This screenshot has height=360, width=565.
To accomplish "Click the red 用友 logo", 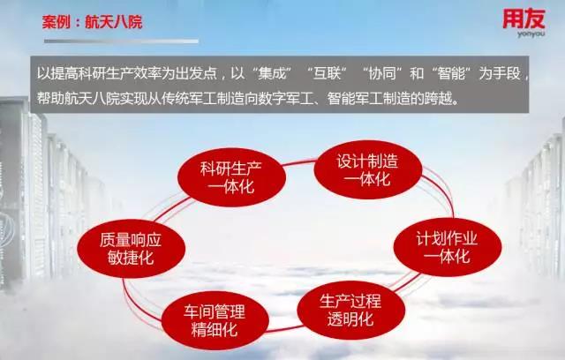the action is (x=524, y=19).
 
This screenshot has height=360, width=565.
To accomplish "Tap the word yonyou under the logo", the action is (x=531, y=34).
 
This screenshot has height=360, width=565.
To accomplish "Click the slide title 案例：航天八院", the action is (x=92, y=22).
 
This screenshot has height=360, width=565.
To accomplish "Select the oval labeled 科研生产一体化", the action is (x=231, y=177).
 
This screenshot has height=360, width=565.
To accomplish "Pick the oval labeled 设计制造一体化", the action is (x=368, y=169).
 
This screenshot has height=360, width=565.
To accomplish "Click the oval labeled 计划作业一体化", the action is (x=448, y=247).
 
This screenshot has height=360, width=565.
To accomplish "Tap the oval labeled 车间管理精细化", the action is (x=215, y=320).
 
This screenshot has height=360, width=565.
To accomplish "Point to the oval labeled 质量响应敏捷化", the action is (x=132, y=249).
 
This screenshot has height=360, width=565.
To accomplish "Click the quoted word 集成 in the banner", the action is (x=272, y=74).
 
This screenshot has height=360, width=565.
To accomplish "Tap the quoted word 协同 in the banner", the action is (x=381, y=74).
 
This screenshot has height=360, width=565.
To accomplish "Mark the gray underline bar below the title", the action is (x=121, y=41).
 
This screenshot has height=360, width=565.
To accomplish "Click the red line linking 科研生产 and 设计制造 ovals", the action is (x=300, y=163).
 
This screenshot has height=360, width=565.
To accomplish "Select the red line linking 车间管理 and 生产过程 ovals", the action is (x=283, y=329).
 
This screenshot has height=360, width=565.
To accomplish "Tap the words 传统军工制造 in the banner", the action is (x=202, y=98).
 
